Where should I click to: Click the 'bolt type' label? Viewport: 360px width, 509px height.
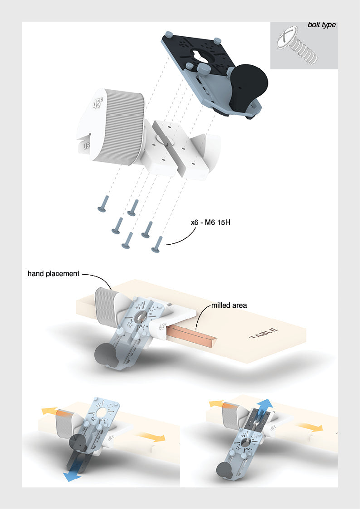322,25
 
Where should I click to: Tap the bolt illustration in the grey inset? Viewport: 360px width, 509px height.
297,46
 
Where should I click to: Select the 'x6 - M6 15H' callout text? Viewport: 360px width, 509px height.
210,223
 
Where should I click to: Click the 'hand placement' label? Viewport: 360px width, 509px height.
54,274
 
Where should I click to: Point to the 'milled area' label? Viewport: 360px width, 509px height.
229,305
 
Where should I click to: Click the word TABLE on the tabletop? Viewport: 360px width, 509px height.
264,333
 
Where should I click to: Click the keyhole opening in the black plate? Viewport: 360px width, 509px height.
199,56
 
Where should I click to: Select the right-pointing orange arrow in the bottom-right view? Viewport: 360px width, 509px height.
310,426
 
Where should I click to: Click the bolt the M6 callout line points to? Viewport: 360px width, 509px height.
157,244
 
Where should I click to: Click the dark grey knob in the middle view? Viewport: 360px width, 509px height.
105,355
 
